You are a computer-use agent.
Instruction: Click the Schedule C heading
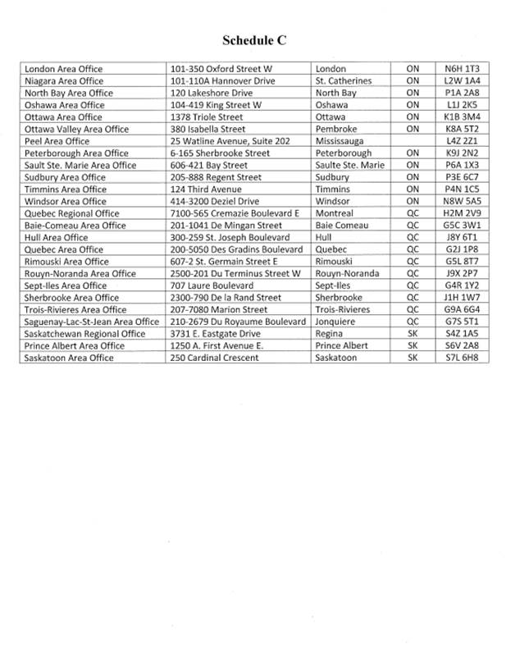[253, 39]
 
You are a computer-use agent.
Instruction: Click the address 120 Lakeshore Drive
[206, 93]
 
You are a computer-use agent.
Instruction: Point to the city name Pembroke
[337, 129]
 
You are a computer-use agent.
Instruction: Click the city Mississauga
[344, 141]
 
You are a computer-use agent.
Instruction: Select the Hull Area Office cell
[57, 237]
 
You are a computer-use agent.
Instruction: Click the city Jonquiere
[336, 322]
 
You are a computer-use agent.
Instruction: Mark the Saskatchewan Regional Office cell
[85, 334]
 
